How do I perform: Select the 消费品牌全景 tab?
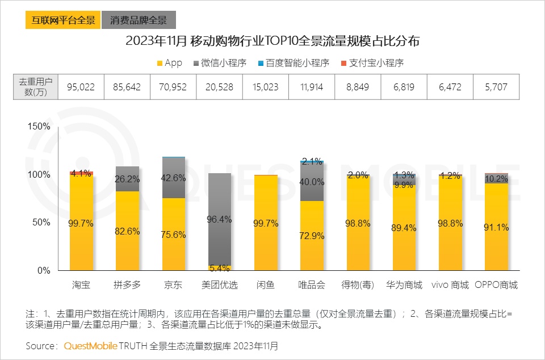tap(139, 20)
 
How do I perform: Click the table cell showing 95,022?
tap(81, 87)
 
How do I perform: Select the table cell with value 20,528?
tap(219, 87)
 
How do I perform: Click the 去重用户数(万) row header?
tap(36, 87)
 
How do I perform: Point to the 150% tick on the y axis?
tap(39, 126)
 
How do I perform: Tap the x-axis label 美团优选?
tap(220, 285)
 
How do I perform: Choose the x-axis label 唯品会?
tap(312, 285)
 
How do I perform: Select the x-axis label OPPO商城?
tap(496, 285)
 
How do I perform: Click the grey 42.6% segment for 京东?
tap(174, 178)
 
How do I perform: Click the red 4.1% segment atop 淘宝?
tap(82, 173)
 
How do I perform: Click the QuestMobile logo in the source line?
tap(91, 345)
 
